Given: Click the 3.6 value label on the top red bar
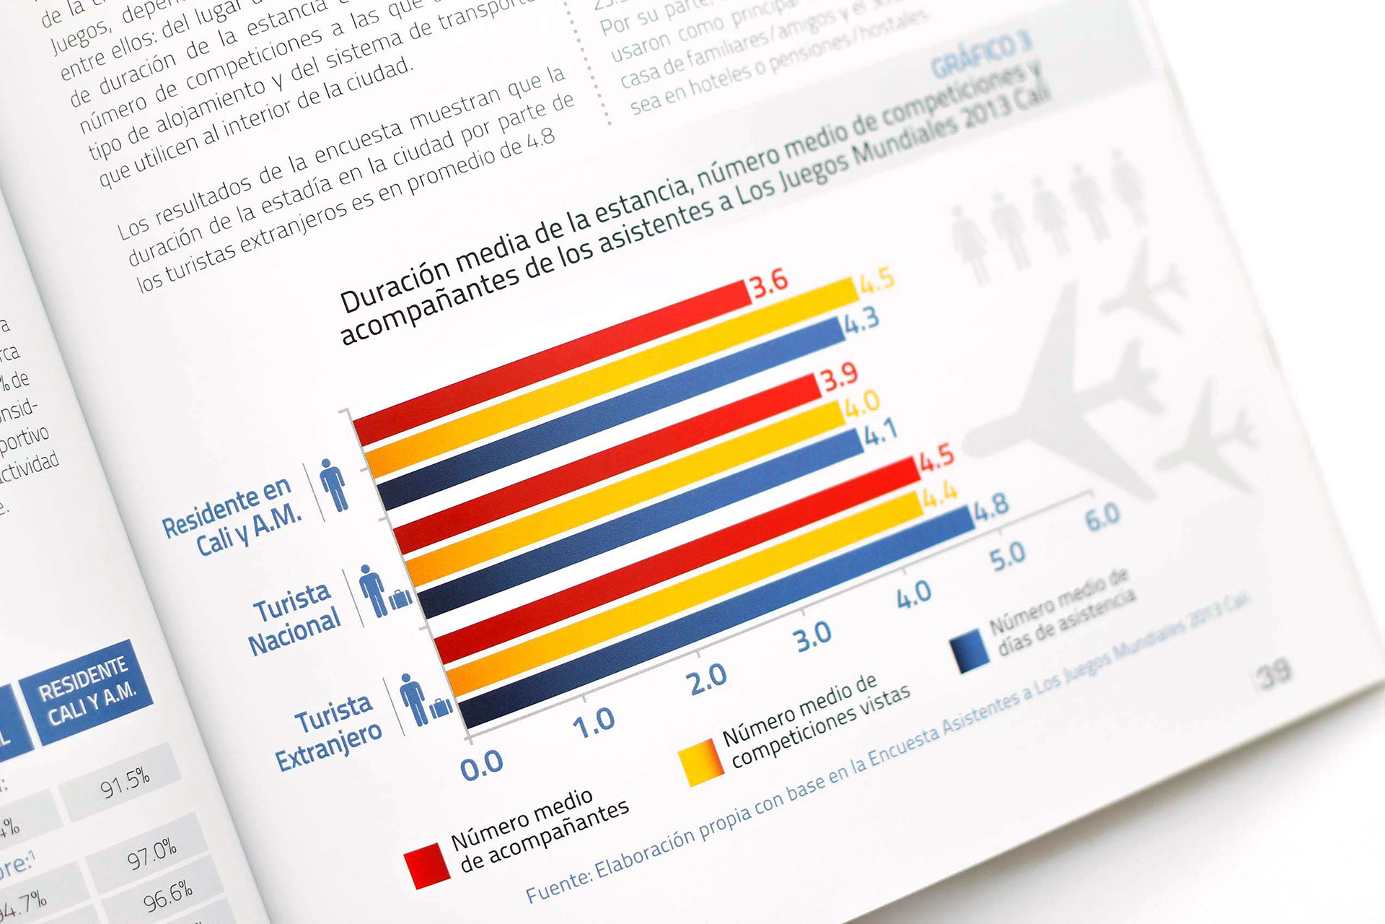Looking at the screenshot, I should pos(770,283).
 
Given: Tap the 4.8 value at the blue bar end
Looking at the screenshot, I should pos(991,507).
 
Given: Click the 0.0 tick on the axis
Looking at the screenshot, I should pos(481,764).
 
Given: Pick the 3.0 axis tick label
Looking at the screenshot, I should pos(813,637).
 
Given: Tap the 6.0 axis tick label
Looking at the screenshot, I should pos(1102,517).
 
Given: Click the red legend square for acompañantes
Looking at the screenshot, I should pos(427,863).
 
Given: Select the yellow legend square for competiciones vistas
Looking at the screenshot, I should pos(700,762).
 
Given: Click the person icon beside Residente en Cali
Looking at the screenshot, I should pos(333,484).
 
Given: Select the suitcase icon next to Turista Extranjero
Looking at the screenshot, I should pos(441,708).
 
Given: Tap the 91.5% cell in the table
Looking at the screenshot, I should pos(125,782).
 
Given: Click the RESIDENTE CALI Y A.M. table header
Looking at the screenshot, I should pos(87,691).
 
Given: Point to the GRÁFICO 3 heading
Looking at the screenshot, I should pos(980,56).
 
